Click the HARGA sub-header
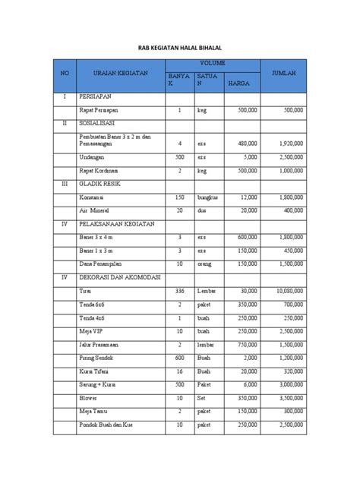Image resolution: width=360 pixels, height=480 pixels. click(238, 84)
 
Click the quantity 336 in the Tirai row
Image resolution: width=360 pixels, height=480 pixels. click(179, 290)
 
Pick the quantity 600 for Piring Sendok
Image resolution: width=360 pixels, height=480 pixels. click(179, 356)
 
